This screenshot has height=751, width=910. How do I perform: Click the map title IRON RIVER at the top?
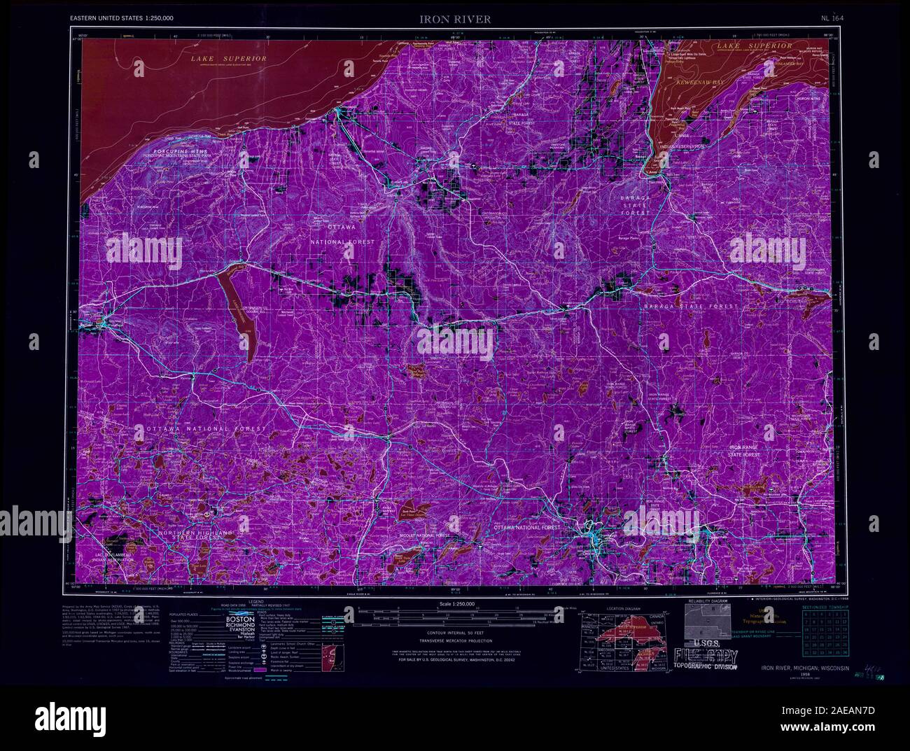click(x=455, y=20)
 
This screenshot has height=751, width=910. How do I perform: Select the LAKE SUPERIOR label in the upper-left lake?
click(x=229, y=59)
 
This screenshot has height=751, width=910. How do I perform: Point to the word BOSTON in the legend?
click(x=243, y=620)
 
